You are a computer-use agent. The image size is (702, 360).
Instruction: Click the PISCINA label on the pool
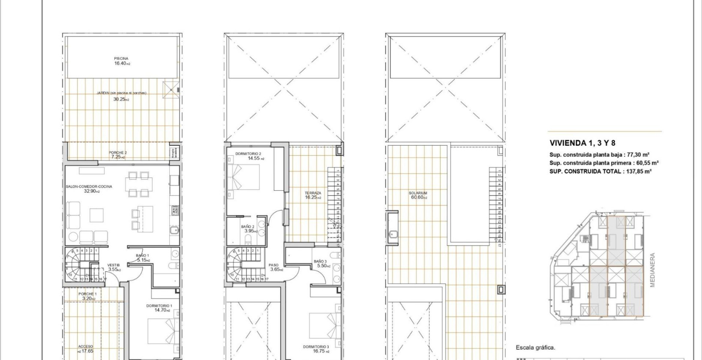point(121,59)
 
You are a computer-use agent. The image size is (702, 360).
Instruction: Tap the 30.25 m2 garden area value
point(121,99)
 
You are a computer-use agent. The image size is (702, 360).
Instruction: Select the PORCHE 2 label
point(117,153)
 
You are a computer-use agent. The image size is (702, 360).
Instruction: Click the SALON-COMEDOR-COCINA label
point(89,186)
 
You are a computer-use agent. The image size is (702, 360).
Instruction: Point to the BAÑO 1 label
point(142,255)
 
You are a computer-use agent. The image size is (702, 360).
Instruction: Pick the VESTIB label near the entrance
point(113,265)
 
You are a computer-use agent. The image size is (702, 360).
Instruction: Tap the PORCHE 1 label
point(87,294)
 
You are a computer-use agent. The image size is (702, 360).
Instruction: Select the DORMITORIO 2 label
point(248,153)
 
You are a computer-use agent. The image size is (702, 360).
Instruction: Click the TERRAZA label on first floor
point(313,193)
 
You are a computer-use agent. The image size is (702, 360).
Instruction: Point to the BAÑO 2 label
point(248,226)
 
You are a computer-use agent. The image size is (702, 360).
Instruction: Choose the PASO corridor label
point(274,265)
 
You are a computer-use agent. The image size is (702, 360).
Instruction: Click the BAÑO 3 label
point(320,261)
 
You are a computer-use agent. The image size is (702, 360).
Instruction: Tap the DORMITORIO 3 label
point(316,347)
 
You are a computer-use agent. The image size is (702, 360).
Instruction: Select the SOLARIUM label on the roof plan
point(418,193)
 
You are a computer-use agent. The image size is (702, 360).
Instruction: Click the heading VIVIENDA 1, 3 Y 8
point(582,143)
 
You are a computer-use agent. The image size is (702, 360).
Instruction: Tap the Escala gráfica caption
point(535,348)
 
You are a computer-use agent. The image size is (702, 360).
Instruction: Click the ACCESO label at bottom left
point(85,346)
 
